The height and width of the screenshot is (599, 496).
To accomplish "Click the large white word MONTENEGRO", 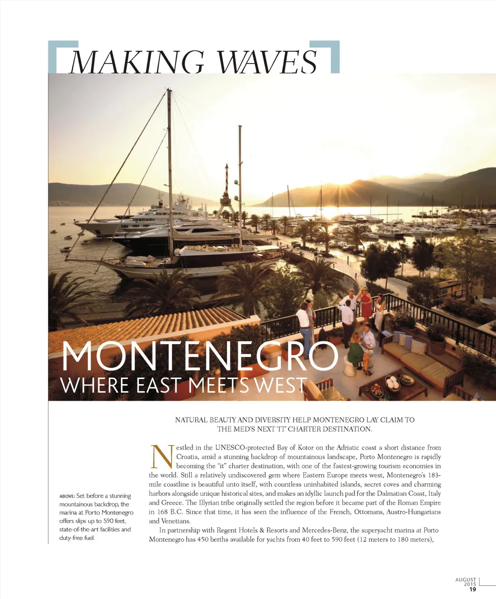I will [199, 357].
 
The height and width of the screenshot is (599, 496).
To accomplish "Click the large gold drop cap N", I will [162, 456].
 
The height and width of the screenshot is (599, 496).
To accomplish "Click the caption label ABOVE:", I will [67, 496].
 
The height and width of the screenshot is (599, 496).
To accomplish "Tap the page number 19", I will [472, 589].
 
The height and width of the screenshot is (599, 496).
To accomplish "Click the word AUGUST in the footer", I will [465, 580].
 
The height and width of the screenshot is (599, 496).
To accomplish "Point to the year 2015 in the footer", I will [469, 584].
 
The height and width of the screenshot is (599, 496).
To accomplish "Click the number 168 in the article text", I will [162, 512].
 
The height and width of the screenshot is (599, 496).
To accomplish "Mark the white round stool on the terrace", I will [349, 367].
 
